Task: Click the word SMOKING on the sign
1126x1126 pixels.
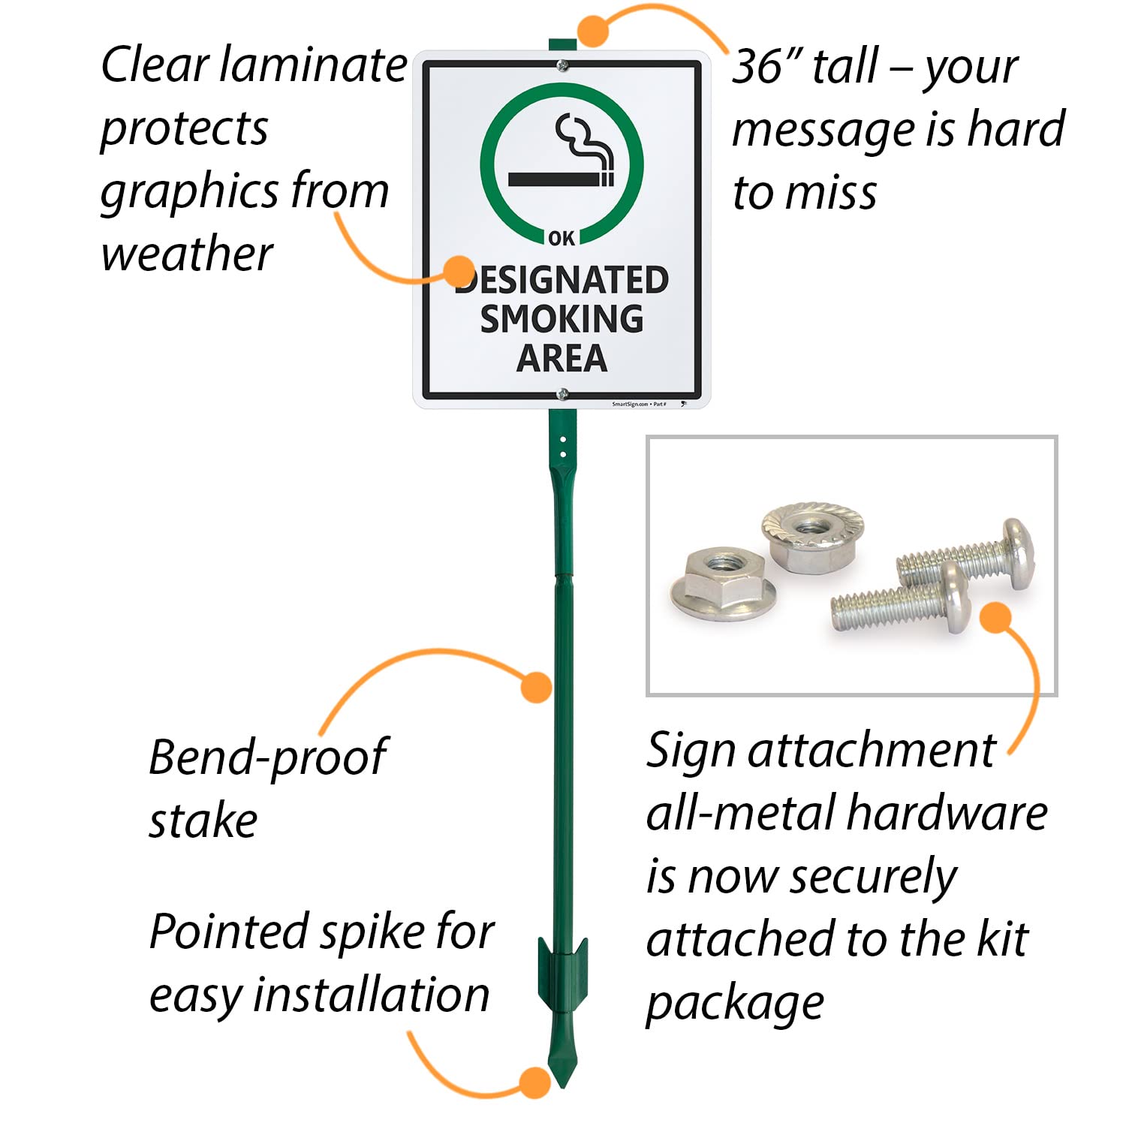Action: tap(561, 319)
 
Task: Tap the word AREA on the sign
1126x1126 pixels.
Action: tap(561, 358)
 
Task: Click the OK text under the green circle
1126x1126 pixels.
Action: tap(561, 239)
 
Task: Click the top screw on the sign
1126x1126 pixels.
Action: tap(562, 67)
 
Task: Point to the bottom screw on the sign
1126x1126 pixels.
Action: tap(562, 393)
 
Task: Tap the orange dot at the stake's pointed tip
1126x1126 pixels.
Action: tap(535, 1083)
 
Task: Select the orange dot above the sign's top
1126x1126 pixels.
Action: tap(594, 32)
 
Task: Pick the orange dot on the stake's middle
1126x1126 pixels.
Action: tap(536, 687)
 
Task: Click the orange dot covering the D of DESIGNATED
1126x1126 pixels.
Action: tap(459, 272)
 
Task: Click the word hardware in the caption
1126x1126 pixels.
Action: tap(947, 813)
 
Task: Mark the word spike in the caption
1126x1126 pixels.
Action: tap(373, 932)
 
